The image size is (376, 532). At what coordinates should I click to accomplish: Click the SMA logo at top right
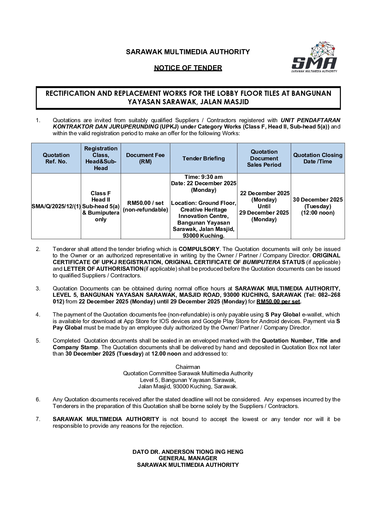[x=314, y=58]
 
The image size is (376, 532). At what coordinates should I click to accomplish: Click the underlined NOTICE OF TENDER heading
[x=188, y=68]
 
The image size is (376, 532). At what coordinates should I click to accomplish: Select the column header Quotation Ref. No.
[x=56, y=158]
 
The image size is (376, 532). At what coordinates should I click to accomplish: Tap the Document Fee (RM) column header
[x=145, y=158]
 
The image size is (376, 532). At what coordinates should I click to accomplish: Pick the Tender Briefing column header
[x=203, y=158]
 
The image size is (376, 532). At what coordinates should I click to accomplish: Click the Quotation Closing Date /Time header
[x=317, y=158]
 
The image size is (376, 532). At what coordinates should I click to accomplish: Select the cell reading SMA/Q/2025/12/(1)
[x=56, y=206]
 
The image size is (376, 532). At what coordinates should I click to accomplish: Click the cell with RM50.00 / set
[x=145, y=203]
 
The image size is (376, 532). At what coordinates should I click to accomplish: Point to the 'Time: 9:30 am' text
[x=203, y=177]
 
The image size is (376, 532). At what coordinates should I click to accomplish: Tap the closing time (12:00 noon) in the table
[x=317, y=213]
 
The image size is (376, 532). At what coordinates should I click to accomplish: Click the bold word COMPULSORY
[x=199, y=249]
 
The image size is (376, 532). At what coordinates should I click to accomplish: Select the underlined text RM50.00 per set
[x=278, y=302]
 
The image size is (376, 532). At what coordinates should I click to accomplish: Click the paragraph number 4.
[x=38, y=315]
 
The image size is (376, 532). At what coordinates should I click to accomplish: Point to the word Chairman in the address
[x=188, y=367]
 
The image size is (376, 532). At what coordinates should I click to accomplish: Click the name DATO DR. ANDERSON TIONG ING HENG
[x=188, y=452]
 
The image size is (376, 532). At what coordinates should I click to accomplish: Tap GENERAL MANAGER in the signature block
[x=188, y=458]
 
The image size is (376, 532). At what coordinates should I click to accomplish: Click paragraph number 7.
[x=38, y=419]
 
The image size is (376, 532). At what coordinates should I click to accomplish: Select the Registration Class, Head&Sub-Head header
[x=101, y=158]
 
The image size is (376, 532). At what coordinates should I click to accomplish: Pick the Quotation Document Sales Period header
[x=264, y=158]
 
